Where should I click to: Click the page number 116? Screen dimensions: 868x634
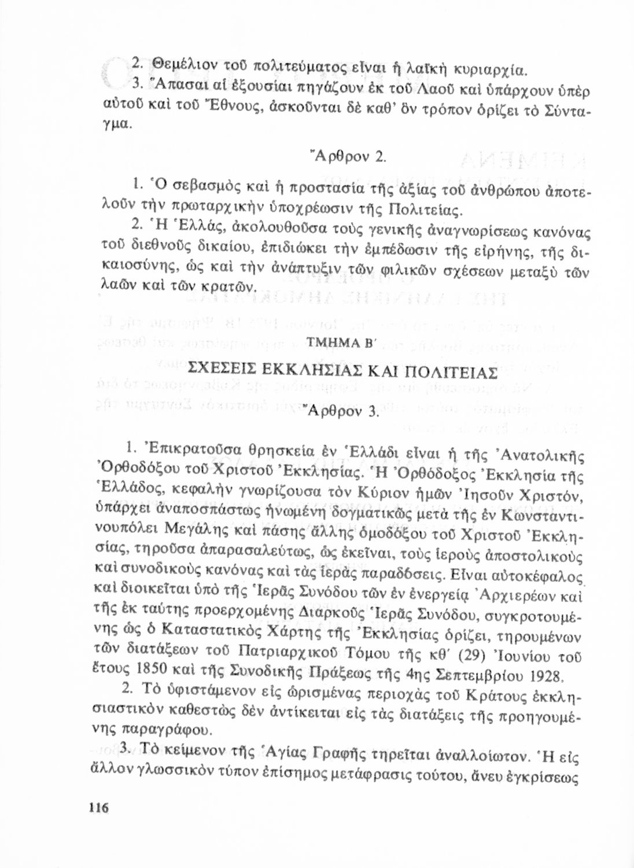[x=99, y=808]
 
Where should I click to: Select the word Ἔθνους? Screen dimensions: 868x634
[x=204, y=108]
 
